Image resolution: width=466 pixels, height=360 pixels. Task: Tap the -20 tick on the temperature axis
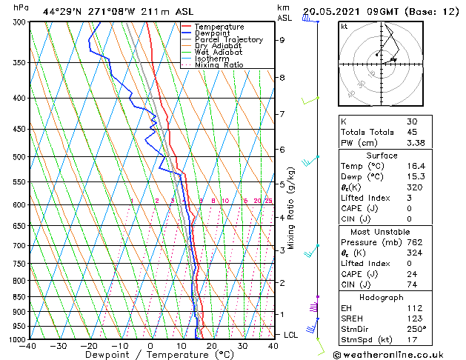pos(89,345)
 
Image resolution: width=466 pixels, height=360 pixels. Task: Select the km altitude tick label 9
pos(282,41)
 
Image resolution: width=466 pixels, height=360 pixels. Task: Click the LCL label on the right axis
pos(292,335)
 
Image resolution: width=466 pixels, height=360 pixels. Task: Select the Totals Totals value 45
pos(412,133)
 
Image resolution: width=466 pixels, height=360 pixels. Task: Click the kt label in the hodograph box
pos(344,27)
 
